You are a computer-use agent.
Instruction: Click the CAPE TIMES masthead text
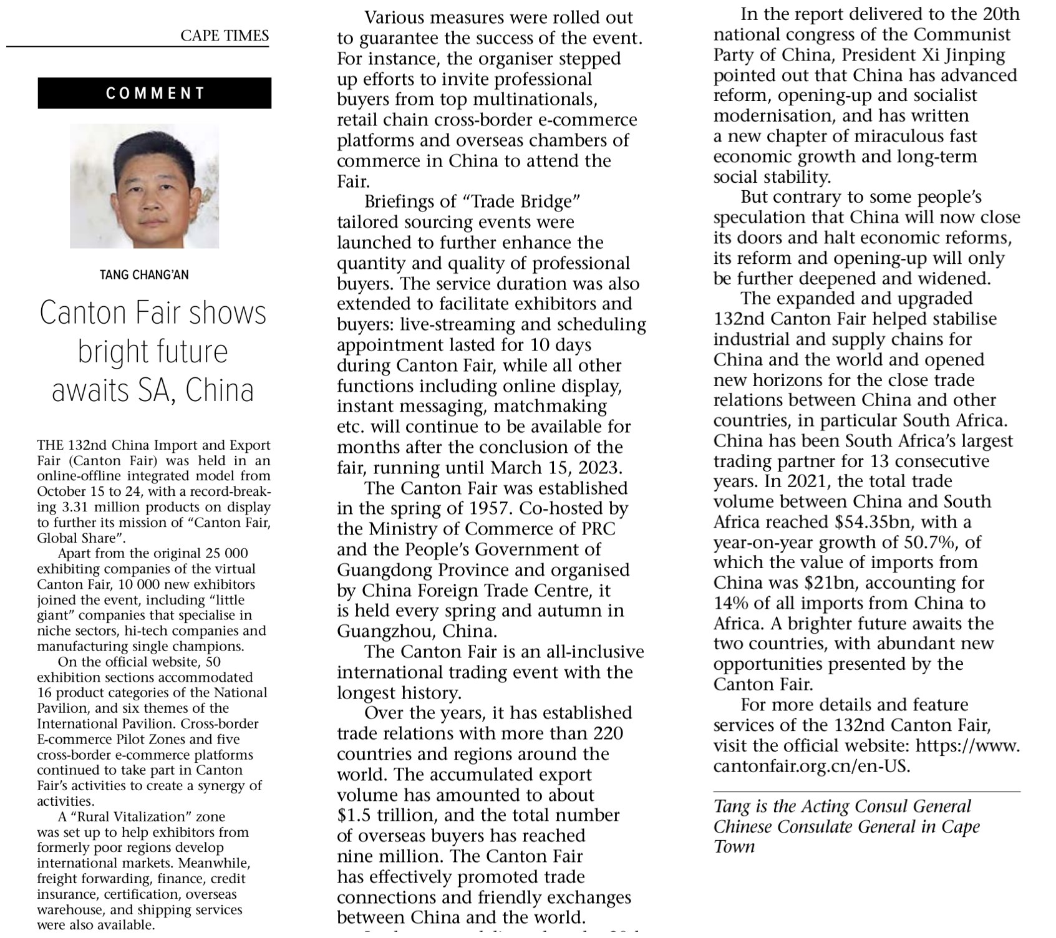pos(225,36)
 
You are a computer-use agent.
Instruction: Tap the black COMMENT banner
pos(155,94)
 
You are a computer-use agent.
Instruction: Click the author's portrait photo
pos(144,186)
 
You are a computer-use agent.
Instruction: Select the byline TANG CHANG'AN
pos(144,275)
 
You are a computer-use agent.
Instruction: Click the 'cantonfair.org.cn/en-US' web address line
pos(811,766)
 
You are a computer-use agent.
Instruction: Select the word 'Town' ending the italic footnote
pos(734,847)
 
